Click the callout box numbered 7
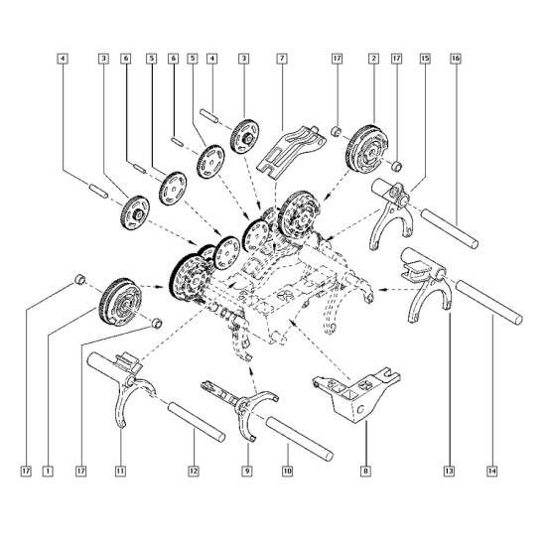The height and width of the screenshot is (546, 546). (x=282, y=59)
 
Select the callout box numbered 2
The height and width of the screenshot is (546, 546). (x=373, y=59)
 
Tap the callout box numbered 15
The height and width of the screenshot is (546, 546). (x=425, y=59)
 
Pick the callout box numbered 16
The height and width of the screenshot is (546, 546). (x=456, y=59)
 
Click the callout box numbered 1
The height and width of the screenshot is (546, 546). (x=48, y=472)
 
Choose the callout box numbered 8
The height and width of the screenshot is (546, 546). (x=365, y=472)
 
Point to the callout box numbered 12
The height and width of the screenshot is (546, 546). (x=194, y=472)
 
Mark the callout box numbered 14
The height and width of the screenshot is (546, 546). (x=492, y=472)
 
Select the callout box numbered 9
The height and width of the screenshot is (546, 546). (x=247, y=472)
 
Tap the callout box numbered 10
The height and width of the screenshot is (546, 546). (x=287, y=472)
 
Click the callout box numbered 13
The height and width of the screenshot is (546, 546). (x=449, y=472)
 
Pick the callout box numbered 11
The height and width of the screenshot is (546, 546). (x=120, y=472)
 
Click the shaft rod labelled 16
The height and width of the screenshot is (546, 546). (x=449, y=228)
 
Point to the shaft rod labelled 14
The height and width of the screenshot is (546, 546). (x=489, y=302)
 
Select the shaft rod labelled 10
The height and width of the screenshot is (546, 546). (x=299, y=438)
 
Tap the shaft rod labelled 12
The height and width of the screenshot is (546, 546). (x=197, y=422)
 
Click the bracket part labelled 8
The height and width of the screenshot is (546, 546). (x=358, y=393)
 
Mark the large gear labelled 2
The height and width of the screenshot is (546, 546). (x=367, y=148)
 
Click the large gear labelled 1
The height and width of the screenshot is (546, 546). (x=120, y=302)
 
